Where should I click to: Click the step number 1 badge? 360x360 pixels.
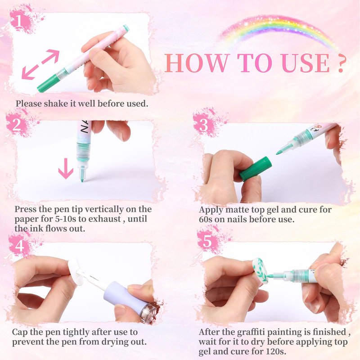(19, 21)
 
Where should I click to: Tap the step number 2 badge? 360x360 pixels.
(17, 125)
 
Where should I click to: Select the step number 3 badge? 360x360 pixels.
(203, 125)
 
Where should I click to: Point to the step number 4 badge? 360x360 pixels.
(19, 246)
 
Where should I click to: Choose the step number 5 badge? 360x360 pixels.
(207, 241)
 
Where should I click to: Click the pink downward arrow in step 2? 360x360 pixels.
(66, 169)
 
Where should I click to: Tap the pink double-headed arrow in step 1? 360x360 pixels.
(40, 65)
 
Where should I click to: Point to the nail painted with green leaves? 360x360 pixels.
(260, 269)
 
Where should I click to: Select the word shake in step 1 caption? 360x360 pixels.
(56, 103)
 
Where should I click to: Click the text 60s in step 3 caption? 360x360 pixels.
(206, 219)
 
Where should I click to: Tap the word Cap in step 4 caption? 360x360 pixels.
(19, 333)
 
